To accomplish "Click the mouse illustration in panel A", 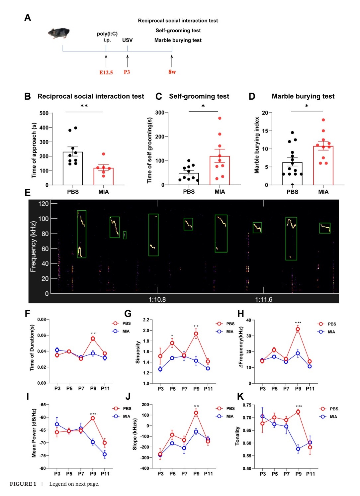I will pos(59,33).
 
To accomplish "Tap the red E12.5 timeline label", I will pos(106,72).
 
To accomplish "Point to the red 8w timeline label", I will pos(172,72).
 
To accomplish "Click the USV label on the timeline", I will pos(127,40).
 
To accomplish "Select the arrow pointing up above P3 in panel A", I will pos(128,61).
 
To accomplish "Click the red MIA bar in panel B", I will pos(103,176).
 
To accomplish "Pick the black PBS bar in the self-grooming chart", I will pos(189,179).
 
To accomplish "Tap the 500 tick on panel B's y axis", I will pos(44,113).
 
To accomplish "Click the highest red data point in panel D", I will pos(323,120).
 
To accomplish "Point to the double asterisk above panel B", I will pos(84,106).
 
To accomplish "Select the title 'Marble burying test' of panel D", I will pos(303,96).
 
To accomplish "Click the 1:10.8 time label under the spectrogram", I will pos(157,299).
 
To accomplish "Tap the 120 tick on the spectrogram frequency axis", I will pos(44,204).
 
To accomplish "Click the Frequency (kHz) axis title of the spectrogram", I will pos(33,247).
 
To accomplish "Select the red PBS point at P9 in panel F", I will pos(93,339).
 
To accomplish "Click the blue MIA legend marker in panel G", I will pos(219,332).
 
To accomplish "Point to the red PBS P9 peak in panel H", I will pos(298,329).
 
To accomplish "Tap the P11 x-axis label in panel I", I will pos(105,474).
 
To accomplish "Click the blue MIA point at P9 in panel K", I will pos(298,449).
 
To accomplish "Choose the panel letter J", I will pos(128,396).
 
